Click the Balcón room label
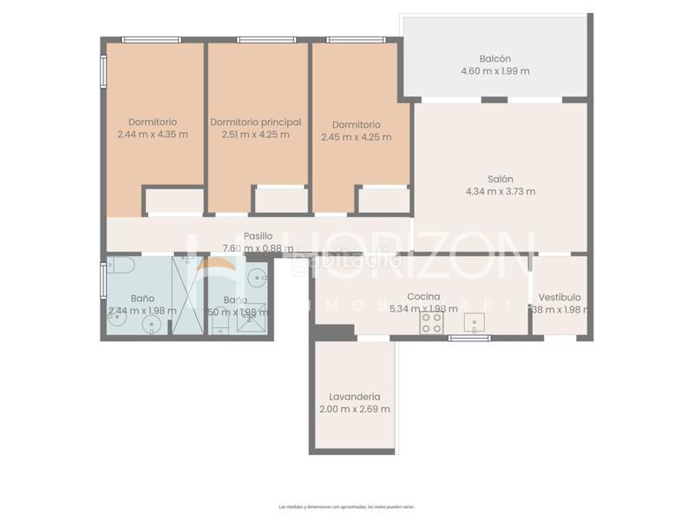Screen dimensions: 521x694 [x=496, y=57]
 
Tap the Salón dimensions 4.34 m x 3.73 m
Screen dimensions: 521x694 [x=501, y=192]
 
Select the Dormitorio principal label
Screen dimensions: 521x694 [x=256, y=122]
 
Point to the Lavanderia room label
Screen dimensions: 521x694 [x=350, y=396]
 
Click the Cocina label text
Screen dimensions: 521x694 [x=423, y=296]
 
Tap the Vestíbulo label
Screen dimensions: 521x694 [x=560, y=296]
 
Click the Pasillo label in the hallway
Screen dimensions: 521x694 [x=258, y=235]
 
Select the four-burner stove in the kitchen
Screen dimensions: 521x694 [x=431, y=323]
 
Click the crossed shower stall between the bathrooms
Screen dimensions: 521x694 [x=189, y=295]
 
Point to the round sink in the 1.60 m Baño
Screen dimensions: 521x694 [x=257, y=279]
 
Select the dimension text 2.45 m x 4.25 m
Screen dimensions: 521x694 [x=356, y=136]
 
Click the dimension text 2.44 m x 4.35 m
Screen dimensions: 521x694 [x=152, y=135]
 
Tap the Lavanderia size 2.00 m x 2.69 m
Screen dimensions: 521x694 [x=354, y=409]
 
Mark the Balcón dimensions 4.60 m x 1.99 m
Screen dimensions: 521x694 [x=496, y=70]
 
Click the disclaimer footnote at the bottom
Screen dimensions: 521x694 [x=347, y=506]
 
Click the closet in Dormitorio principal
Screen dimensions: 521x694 [x=280, y=201]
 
